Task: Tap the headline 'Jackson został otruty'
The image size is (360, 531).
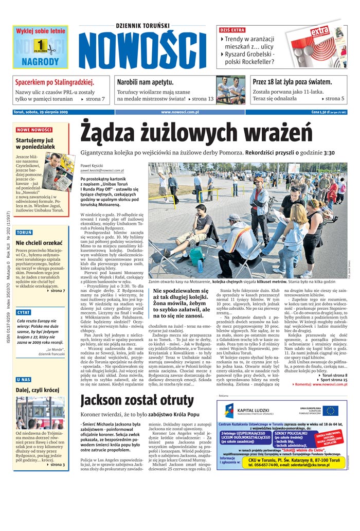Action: [137, 400]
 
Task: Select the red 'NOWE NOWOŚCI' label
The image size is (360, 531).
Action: [34, 130]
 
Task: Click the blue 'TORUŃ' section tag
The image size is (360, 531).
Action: [24, 233]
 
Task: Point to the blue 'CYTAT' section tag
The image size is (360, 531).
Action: [24, 312]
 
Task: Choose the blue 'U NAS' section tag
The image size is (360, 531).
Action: [23, 379]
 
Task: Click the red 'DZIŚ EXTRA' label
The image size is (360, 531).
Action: [232, 30]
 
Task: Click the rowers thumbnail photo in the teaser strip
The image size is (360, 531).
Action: [230, 90]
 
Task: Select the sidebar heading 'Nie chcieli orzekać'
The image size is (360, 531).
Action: [39, 243]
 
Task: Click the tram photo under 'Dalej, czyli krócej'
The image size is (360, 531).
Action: [40, 413]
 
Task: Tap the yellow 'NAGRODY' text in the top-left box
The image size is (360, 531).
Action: [40, 61]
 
